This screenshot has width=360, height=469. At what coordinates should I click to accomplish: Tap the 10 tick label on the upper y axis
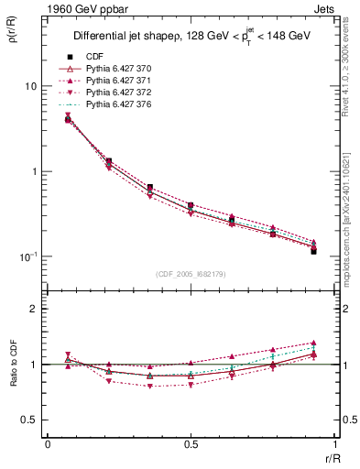(29, 86)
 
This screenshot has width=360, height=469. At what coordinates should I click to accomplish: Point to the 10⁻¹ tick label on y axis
(27, 256)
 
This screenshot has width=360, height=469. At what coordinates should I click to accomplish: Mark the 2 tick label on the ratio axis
(35, 309)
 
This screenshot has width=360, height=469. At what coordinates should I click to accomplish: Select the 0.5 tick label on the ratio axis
(29, 420)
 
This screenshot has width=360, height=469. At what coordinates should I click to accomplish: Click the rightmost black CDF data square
(313, 251)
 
